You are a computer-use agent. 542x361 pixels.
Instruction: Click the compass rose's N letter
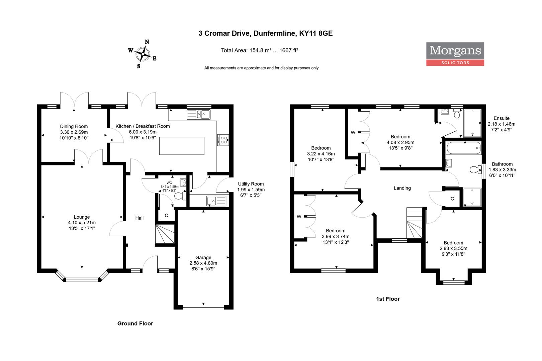click(x=147, y=42)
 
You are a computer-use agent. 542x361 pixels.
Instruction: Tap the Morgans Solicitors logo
click(x=455, y=54)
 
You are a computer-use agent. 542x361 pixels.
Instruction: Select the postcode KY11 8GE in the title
click(x=316, y=33)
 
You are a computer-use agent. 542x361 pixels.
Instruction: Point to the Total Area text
click(x=259, y=50)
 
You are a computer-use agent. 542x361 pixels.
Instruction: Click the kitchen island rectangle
click(x=182, y=146)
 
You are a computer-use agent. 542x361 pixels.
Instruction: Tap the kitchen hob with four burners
click(x=223, y=140)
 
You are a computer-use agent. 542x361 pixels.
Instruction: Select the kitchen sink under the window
click(x=198, y=114)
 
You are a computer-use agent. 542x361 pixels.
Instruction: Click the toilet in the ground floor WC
click(x=180, y=196)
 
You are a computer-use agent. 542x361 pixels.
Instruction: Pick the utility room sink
click(x=216, y=201)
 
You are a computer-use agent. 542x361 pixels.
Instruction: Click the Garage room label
click(x=203, y=257)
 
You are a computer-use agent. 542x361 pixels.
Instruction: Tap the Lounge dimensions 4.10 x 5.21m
click(x=82, y=223)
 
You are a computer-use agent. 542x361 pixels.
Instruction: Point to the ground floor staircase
click(x=165, y=234)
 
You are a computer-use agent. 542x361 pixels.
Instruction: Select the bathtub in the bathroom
click(x=463, y=148)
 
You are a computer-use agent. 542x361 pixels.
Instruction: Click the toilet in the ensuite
click(x=457, y=113)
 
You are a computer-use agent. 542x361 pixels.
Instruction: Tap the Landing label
click(x=402, y=188)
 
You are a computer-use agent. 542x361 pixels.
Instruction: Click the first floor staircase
click(x=414, y=223)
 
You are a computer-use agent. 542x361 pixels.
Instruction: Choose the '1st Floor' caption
click(x=388, y=299)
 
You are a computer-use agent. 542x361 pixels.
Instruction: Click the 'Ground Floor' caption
click(x=135, y=324)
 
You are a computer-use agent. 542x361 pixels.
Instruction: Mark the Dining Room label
click(x=74, y=126)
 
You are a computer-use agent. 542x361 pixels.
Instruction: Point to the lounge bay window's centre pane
click(x=82, y=280)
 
